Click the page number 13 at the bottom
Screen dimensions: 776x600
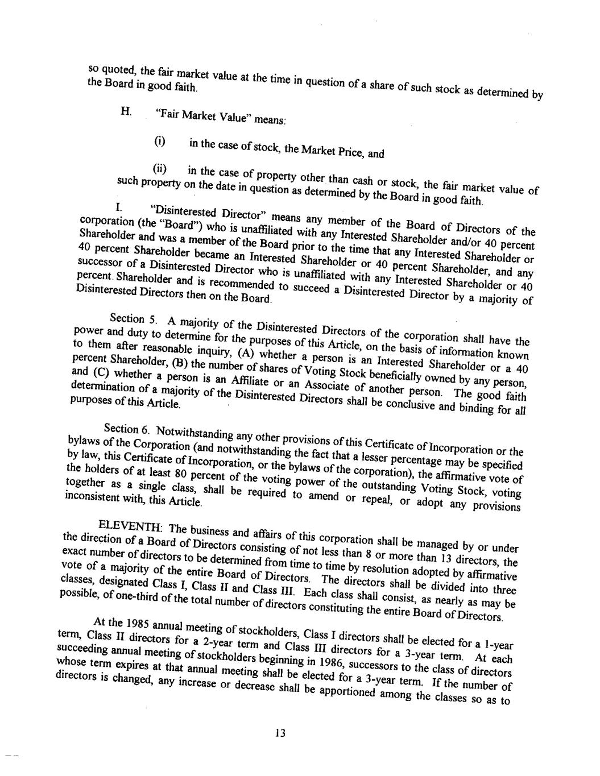point(279,733)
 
